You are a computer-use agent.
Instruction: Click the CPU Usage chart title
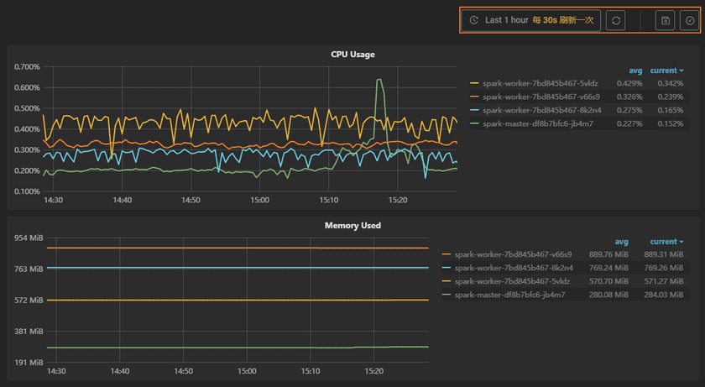coord(352,55)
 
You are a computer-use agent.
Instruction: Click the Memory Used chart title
coord(352,226)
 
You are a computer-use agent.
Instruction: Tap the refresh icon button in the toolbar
coord(616,20)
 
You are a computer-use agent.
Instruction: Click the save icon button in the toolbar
coord(666,20)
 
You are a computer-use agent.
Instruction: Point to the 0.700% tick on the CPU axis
coord(29,67)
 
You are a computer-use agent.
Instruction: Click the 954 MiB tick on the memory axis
coord(29,238)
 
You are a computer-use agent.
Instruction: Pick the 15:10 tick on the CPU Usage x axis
coord(329,201)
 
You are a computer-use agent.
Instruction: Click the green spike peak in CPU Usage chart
coord(380,80)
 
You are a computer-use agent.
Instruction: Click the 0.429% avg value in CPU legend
coord(629,83)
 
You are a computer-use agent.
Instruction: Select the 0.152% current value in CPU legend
coord(670,123)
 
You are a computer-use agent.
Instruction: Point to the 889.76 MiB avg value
coord(608,254)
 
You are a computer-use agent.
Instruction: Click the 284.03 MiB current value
coord(659,295)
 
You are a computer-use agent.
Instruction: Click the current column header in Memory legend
coord(664,242)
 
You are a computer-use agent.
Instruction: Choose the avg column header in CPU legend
coord(635,71)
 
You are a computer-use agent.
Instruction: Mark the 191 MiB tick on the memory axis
coord(29,363)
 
